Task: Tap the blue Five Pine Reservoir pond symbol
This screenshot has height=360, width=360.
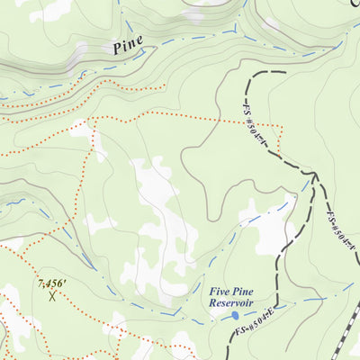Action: (235, 315)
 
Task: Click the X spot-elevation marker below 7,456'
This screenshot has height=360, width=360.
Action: (53, 294)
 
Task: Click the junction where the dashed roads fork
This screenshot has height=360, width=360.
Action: (314, 173)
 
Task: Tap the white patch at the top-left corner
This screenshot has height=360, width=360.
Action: (49, 9)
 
